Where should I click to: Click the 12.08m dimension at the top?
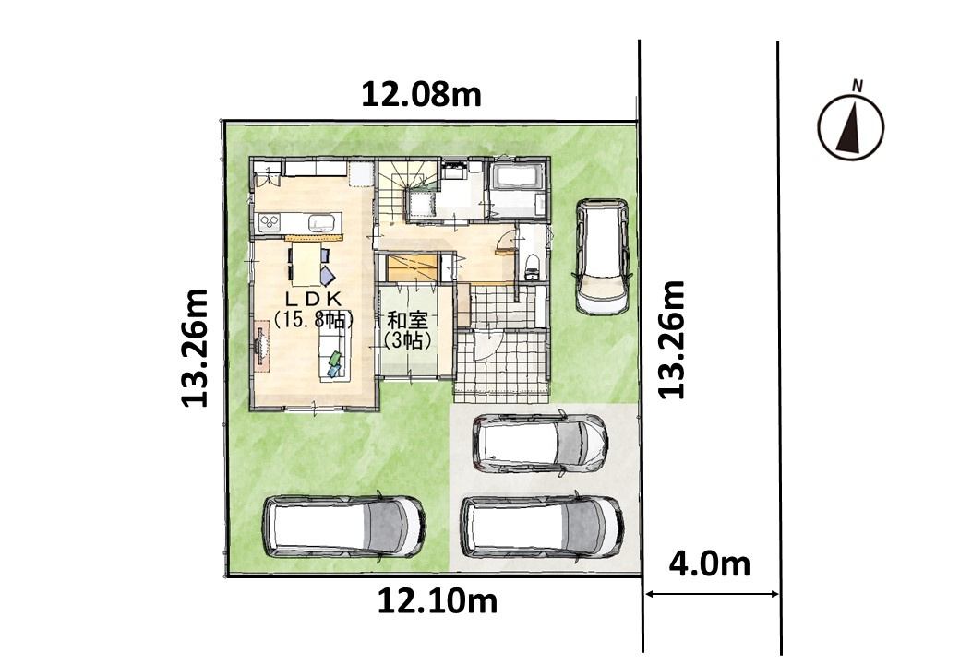pyautogui.click(x=421, y=95)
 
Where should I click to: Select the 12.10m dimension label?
pyautogui.click(x=437, y=601)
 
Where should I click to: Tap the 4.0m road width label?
pyautogui.click(x=709, y=563)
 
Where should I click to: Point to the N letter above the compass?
pyautogui.click(x=858, y=86)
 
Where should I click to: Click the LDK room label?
pyautogui.click(x=313, y=298)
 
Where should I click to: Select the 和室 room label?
pyautogui.click(x=407, y=320)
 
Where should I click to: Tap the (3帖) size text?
pyautogui.click(x=407, y=340)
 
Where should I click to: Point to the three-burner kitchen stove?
pyautogui.click(x=270, y=222)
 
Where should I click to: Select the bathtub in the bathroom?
pyautogui.click(x=517, y=177)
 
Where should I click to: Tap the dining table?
pyautogui.click(x=305, y=264)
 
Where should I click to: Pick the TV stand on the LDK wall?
pyautogui.click(x=262, y=350)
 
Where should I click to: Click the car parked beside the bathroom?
pyautogui.click(x=603, y=256)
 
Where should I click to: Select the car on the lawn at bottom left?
pyautogui.click(x=344, y=526)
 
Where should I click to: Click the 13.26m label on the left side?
pyautogui.click(x=196, y=348)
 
